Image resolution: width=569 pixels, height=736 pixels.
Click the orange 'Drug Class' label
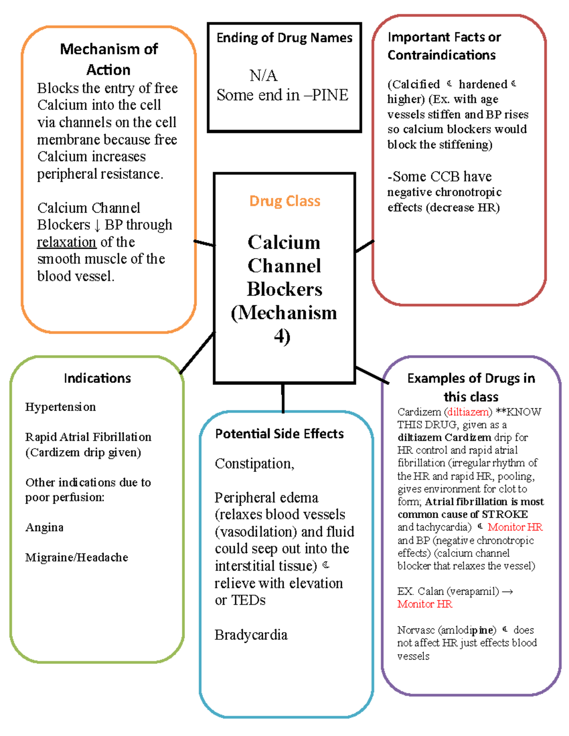[x=284, y=201]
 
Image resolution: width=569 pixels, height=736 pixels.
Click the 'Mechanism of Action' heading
[x=109, y=59]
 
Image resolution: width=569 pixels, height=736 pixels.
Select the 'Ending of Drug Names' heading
[x=284, y=38]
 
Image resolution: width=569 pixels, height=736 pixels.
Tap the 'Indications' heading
[x=97, y=378]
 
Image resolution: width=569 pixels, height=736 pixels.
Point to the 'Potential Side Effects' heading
[x=279, y=434]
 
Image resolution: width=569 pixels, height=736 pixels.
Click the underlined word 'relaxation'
[x=67, y=242]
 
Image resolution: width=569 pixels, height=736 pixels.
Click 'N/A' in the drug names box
[x=263, y=75]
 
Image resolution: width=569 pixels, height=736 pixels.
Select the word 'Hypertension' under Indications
[x=61, y=407]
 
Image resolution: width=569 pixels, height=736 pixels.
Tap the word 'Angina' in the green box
[x=45, y=527]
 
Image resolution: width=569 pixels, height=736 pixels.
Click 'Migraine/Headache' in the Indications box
[x=77, y=557]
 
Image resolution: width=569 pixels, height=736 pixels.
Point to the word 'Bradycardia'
[x=251, y=635]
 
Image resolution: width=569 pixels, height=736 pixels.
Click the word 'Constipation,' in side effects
[x=255, y=463]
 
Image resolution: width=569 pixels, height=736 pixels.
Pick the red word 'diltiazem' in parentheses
[x=468, y=412]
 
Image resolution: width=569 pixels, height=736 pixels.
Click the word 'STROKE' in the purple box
[x=505, y=514]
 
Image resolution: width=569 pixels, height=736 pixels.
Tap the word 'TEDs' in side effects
[x=248, y=600]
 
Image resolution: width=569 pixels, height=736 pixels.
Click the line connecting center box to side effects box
[x=283, y=398]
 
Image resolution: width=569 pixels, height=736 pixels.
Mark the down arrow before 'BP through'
[x=98, y=226]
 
